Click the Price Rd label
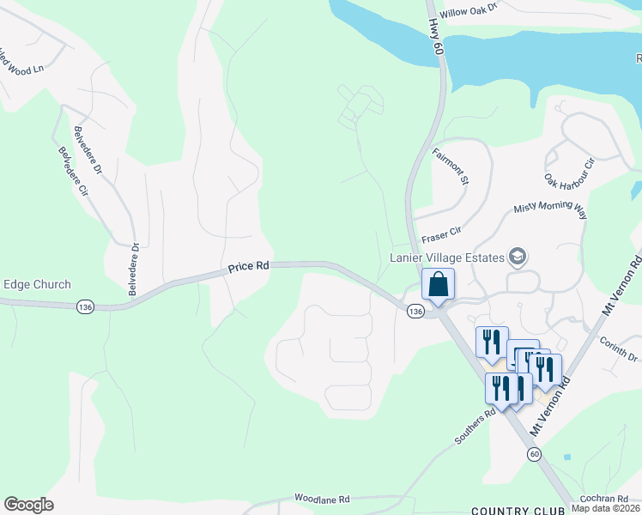coord(249,267)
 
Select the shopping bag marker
coord(438,284)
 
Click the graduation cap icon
coord(518,256)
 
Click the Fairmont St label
coord(451,167)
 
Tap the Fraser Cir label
coord(441,232)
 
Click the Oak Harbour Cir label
coord(570,174)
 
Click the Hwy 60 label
coord(437,39)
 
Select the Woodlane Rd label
coord(323,499)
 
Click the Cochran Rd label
coord(603,499)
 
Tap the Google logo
coord(28,505)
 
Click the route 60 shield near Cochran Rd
coord(535,453)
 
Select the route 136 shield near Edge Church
coord(84,306)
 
